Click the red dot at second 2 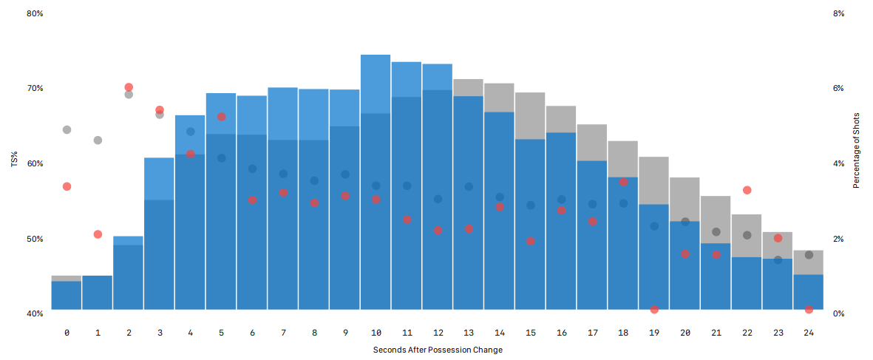coord(129,87)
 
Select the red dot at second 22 coord(747,190)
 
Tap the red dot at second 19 coord(654,309)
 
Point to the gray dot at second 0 coord(67,129)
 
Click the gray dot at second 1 coord(98,140)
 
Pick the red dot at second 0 coord(67,186)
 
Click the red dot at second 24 coord(809,309)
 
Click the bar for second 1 coord(98,293)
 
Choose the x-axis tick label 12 coord(438,333)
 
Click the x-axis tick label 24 coord(809,333)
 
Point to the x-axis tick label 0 coord(67,333)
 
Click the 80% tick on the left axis coord(35,13)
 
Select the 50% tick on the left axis coord(35,239)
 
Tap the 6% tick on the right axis coord(838,88)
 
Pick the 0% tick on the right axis coord(838,313)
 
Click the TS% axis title coord(14,163)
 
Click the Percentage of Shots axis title coord(857,151)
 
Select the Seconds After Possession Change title coord(438,350)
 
